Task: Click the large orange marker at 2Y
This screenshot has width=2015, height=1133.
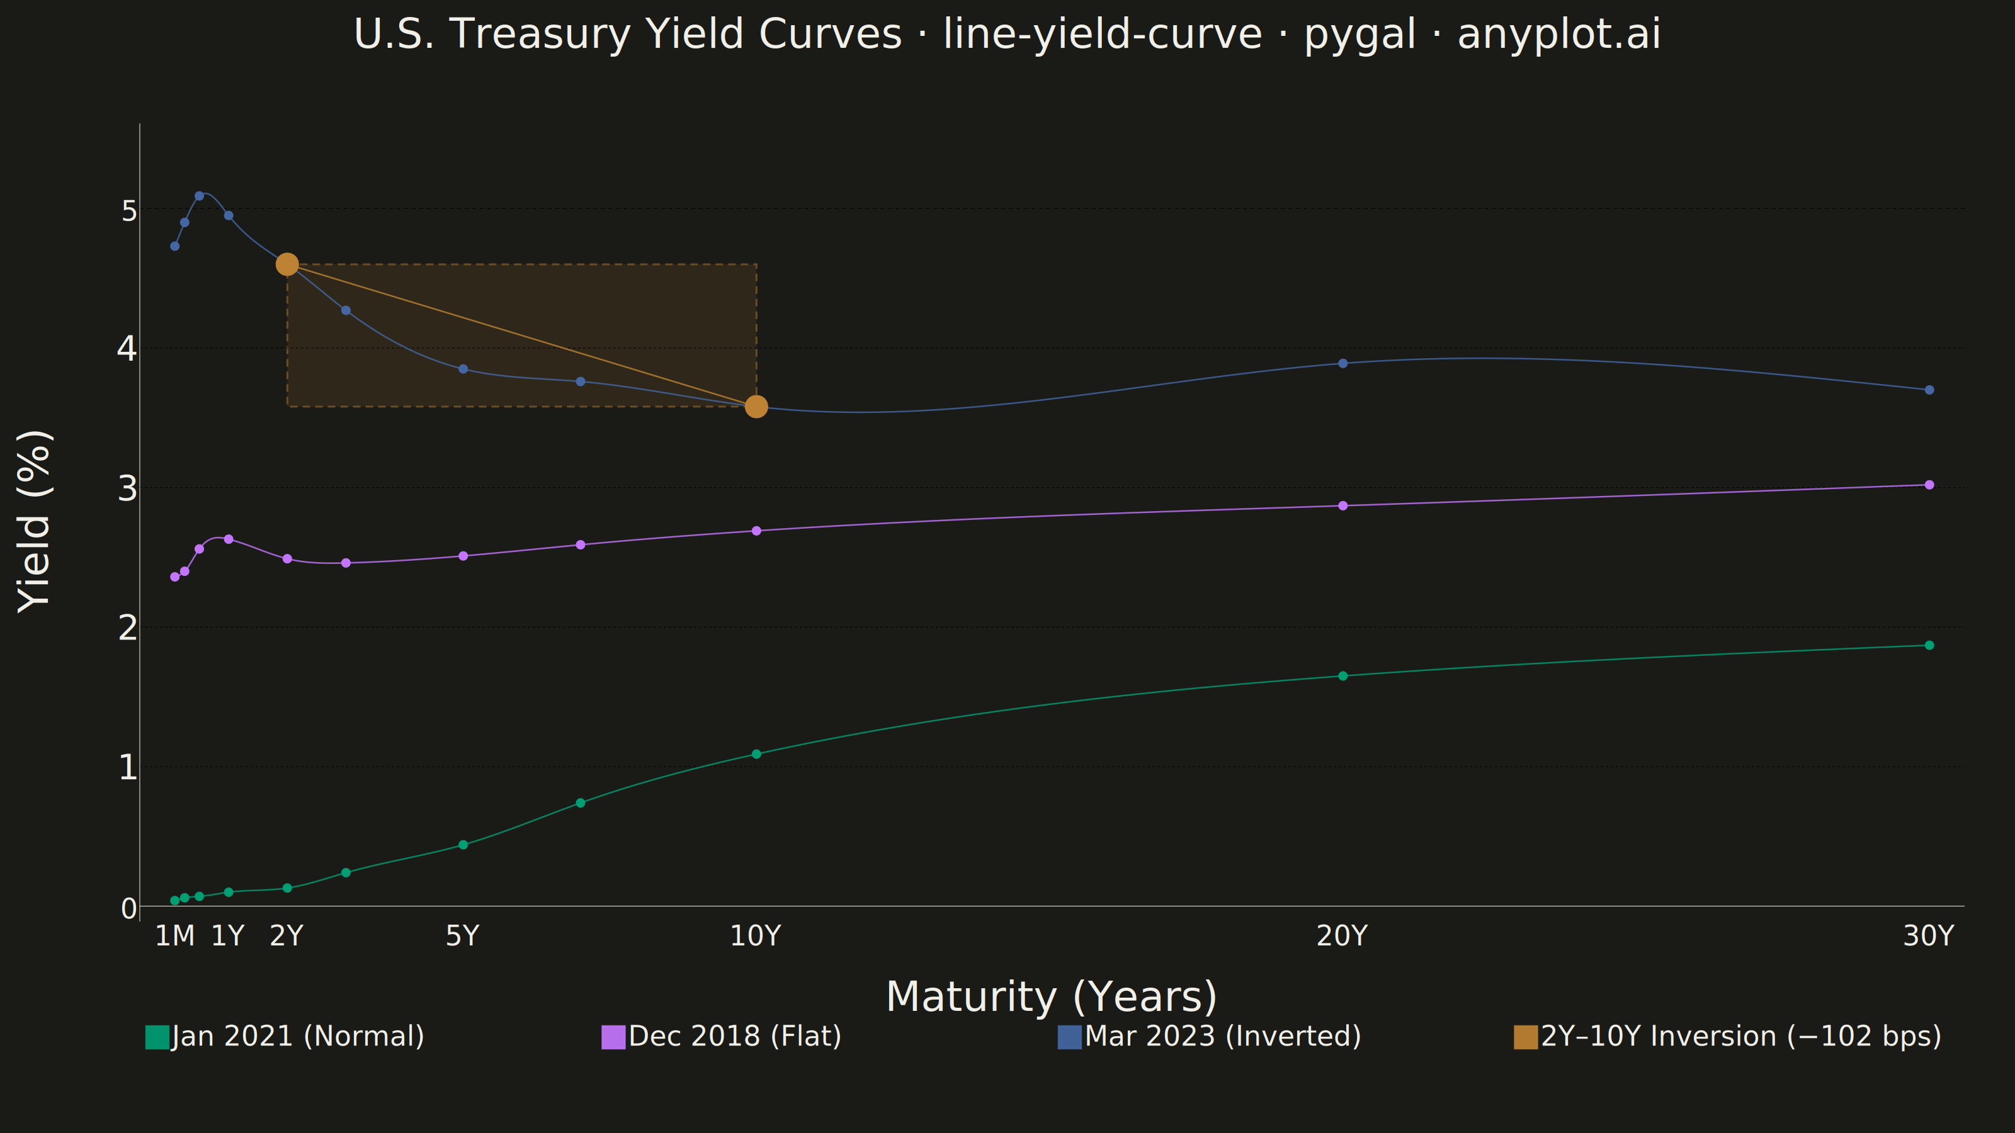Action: point(287,264)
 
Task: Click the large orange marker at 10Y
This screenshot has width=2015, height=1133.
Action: point(756,407)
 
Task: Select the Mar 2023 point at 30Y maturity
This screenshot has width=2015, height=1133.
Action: point(1929,390)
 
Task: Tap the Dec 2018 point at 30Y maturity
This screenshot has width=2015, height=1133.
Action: point(1929,485)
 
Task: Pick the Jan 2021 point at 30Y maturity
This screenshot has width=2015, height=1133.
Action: point(1929,645)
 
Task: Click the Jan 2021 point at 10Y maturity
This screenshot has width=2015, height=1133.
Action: point(756,754)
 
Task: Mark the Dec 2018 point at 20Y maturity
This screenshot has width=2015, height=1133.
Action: point(1342,506)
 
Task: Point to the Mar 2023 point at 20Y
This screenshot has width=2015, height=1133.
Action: point(1342,363)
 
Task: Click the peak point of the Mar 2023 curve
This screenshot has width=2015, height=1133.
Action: point(199,196)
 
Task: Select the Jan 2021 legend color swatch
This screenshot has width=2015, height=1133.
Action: point(157,1037)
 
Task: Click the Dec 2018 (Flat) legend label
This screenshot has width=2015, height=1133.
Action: point(734,1036)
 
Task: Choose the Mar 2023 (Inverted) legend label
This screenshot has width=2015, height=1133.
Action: point(1223,1036)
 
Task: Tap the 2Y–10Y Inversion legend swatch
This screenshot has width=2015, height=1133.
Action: point(1525,1037)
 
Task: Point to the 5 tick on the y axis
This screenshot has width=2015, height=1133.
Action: point(129,210)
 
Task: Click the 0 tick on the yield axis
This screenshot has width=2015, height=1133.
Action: point(129,908)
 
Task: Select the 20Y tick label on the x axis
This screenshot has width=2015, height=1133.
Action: point(1341,936)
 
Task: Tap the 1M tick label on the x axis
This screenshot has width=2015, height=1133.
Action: point(174,936)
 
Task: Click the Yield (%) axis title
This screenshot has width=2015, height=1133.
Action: point(35,522)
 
